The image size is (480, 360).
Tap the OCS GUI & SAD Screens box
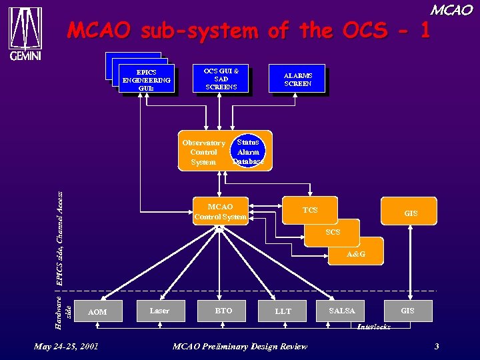221,78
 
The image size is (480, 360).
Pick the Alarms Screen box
297,80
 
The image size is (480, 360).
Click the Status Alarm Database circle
248,152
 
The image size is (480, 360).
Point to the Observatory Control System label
203,153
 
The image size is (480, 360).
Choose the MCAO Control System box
220,211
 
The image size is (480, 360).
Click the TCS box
310,210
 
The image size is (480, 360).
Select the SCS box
333,232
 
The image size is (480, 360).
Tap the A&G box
355,254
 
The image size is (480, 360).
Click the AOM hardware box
97,311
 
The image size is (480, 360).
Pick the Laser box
159,311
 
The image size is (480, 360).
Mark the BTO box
223,311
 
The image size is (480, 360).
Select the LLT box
283,311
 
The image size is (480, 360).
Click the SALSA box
342,311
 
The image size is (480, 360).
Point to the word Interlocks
373,327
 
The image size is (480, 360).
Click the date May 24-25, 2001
66,346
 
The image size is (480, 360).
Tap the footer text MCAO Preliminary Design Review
240,346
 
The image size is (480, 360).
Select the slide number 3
436,346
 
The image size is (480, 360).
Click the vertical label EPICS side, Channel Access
59,238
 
